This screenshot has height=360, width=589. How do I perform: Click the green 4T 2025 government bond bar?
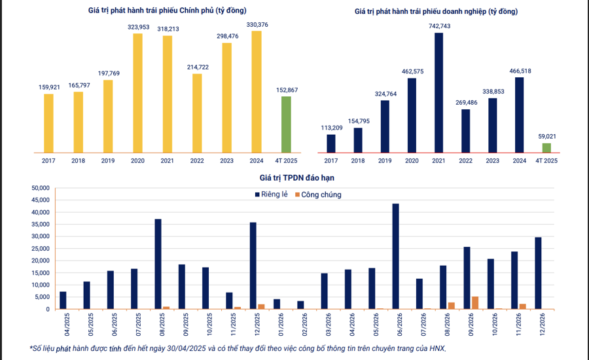(286, 124)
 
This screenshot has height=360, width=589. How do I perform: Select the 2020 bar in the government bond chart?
(137, 93)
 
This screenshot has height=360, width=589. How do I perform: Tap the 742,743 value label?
(439, 26)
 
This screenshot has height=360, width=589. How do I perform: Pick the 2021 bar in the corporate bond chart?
(438, 92)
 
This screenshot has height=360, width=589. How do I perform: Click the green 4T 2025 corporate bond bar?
(546, 148)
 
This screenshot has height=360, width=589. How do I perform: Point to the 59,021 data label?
(546, 136)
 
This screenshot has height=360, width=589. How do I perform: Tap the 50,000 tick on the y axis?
(41, 188)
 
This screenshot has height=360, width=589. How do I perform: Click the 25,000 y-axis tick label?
(41, 249)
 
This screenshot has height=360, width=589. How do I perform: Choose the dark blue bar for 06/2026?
(395, 256)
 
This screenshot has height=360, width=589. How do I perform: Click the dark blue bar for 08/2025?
(158, 264)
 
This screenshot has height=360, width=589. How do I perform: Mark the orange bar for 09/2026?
(475, 303)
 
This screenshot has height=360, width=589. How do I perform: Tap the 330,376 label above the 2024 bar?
(257, 24)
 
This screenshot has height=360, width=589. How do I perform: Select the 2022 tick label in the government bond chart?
(196, 160)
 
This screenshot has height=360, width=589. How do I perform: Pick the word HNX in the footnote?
(435, 348)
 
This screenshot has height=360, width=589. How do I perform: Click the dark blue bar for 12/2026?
(538, 273)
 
